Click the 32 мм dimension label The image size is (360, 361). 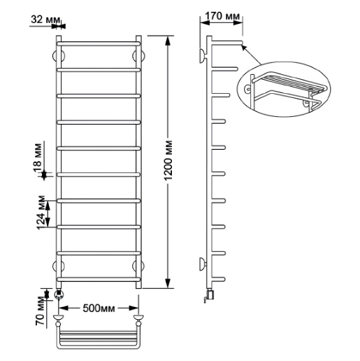(x=45, y=20)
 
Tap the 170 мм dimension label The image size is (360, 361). (x=222, y=16)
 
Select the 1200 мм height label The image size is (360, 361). (x=168, y=160)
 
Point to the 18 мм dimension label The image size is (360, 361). (x=38, y=158)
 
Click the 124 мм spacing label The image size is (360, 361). (x=41, y=212)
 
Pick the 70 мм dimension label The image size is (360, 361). (x=40, y=311)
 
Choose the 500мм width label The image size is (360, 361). (x=99, y=309)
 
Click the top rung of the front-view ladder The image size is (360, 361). (x=99, y=43)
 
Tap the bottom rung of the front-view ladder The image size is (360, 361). (x=99, y=279)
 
